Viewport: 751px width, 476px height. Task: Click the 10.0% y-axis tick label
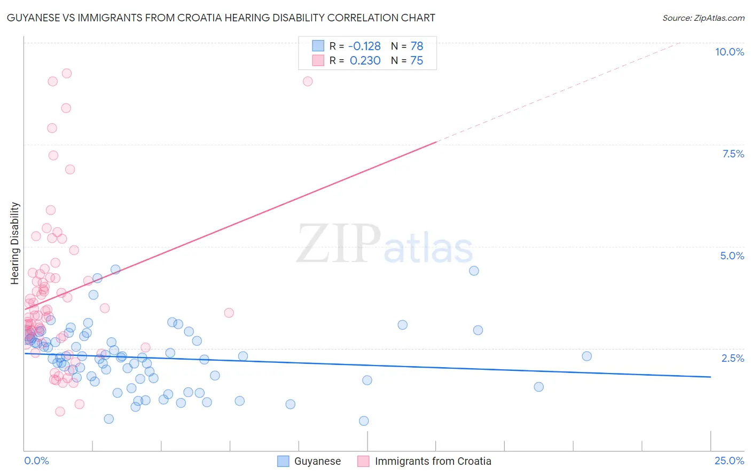[729, 52]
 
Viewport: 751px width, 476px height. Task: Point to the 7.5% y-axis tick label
[733, 154]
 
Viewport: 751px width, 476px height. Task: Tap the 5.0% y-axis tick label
[732, 256]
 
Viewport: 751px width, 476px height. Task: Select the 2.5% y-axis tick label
[732, 358]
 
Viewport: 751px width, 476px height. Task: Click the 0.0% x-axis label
[36, 461]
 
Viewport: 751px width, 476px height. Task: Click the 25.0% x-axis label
[729, 461]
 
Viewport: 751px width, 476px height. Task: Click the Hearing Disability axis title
[15, 243]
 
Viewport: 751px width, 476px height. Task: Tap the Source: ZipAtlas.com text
[703, 18]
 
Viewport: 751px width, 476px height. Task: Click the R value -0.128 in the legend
[364, 46]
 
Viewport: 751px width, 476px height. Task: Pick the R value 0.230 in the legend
[365, 61]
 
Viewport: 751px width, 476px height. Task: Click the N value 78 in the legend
[417, 46]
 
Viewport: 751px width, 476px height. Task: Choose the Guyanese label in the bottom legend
[317, 461]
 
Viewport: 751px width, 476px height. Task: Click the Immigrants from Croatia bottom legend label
[433, 461]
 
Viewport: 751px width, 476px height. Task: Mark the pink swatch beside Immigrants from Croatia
[363, 461]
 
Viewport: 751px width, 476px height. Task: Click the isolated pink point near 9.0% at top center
[308, 81]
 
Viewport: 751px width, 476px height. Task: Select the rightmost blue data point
[586, 356]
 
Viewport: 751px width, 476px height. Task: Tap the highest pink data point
[67, 73]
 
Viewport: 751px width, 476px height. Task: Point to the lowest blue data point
[364, 421]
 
